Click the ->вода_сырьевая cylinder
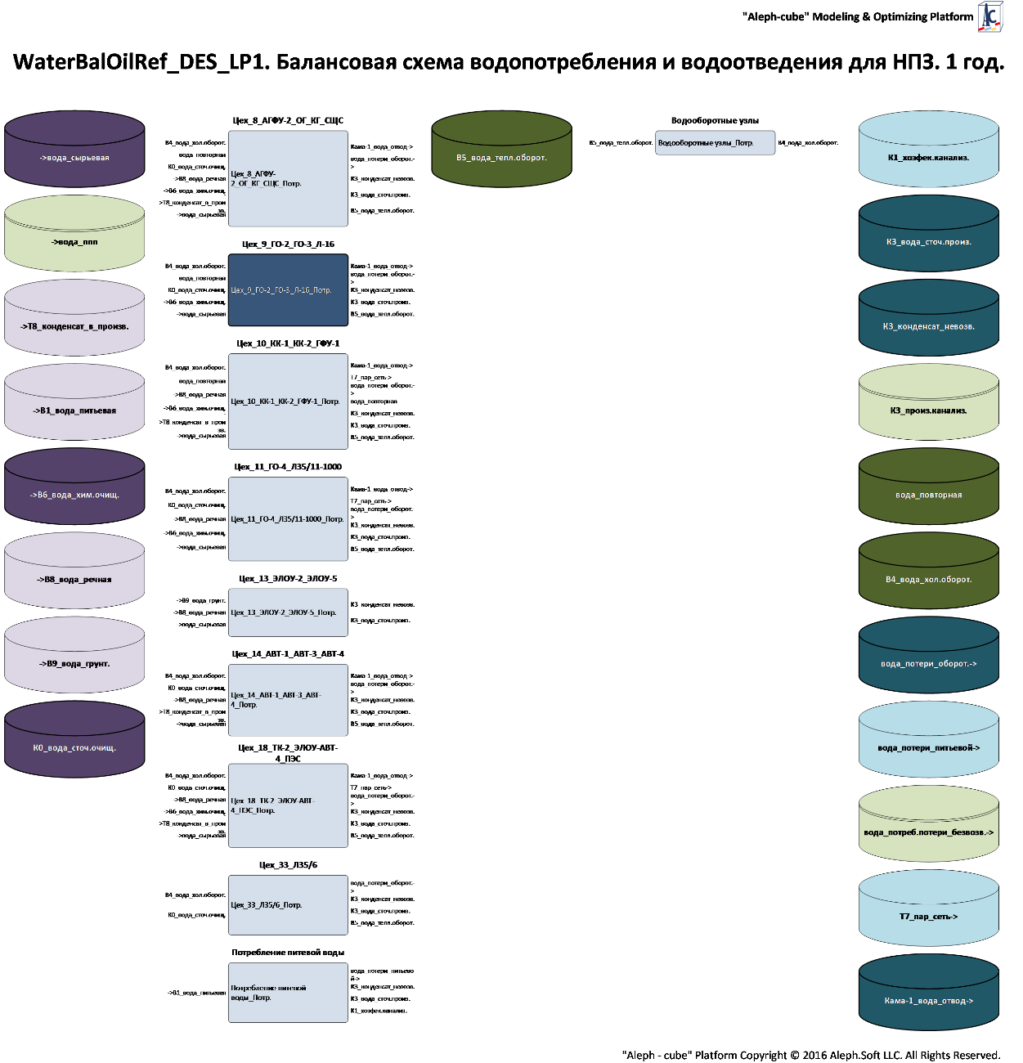pos(74,157)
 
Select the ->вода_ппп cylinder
pos(74,241)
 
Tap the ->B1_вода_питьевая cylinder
pos(74,410)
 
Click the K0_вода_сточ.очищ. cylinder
pos(74,747)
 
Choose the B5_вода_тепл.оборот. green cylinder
pos(501,157)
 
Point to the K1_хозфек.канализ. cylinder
pos(928,157)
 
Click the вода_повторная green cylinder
pos(928,494)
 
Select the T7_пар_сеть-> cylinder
pos(928,916)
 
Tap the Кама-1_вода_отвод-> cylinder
pos(928,1000)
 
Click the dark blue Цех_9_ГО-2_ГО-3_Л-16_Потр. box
pos(288,289)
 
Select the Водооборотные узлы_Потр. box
pos(715,142)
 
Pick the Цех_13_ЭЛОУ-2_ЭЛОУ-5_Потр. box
pos(288,612)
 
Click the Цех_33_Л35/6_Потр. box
pos(288,904)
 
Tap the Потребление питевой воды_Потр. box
pos(288,992)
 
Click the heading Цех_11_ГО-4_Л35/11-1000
pos(288,467)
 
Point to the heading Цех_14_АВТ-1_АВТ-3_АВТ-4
pos(288,654)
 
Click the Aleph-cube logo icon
pos(990,16)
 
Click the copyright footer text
pos(810,1055)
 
